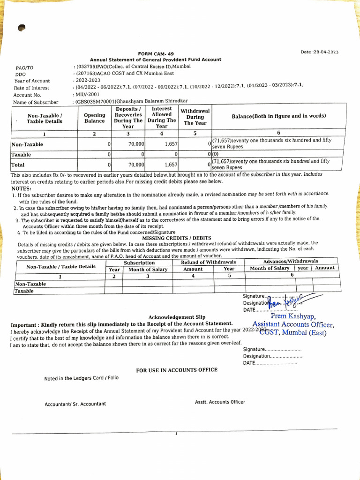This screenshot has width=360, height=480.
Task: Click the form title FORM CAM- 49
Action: click(x=156, y=54)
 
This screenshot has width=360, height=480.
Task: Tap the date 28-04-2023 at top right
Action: click(x=325, y=52)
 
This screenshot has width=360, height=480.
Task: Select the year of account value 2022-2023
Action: click(x=87, y=80)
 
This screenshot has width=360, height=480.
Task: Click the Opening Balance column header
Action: click(x=95, y=118)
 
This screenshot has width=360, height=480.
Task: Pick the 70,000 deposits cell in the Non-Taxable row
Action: click(x=136, y=144)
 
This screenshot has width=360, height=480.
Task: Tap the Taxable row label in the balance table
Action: click(x=21, y=154)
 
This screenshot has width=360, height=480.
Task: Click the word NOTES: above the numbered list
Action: click(x=21, y=188)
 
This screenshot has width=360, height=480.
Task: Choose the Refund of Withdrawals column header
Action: click(x=209, y=262)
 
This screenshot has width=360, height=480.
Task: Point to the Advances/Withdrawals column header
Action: click(x=291, y=261)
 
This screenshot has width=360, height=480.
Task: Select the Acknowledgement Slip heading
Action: click(x=177, y=317)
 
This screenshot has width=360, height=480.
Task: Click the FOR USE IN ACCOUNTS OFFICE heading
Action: click(x=177, y=370)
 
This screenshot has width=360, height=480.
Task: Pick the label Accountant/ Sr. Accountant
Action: click(x=75, y=404)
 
